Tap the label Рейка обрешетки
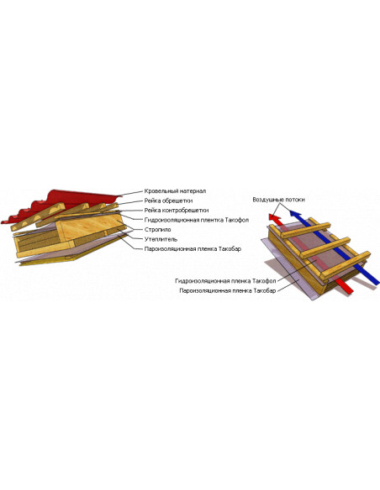pyautogui.click(x=168, y=201)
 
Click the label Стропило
pyautogui.click(x=157, y=230)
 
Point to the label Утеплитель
pyautogui.click(x=161, y=239)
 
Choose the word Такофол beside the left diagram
pyautogui.click(x=237, y=220)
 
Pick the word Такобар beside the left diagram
pyautogui.click(x=230, y=249)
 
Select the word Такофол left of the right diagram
pyautogui.click(x=264, y=281)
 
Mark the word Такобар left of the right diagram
pyautogui.click(x=265, y=290)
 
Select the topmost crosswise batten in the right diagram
pyautogui.click(x=305, y=231)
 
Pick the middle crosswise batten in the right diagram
pyautogui.click(x=325, y=248)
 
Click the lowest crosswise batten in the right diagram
pyautogui.click(x=346, y=265)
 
